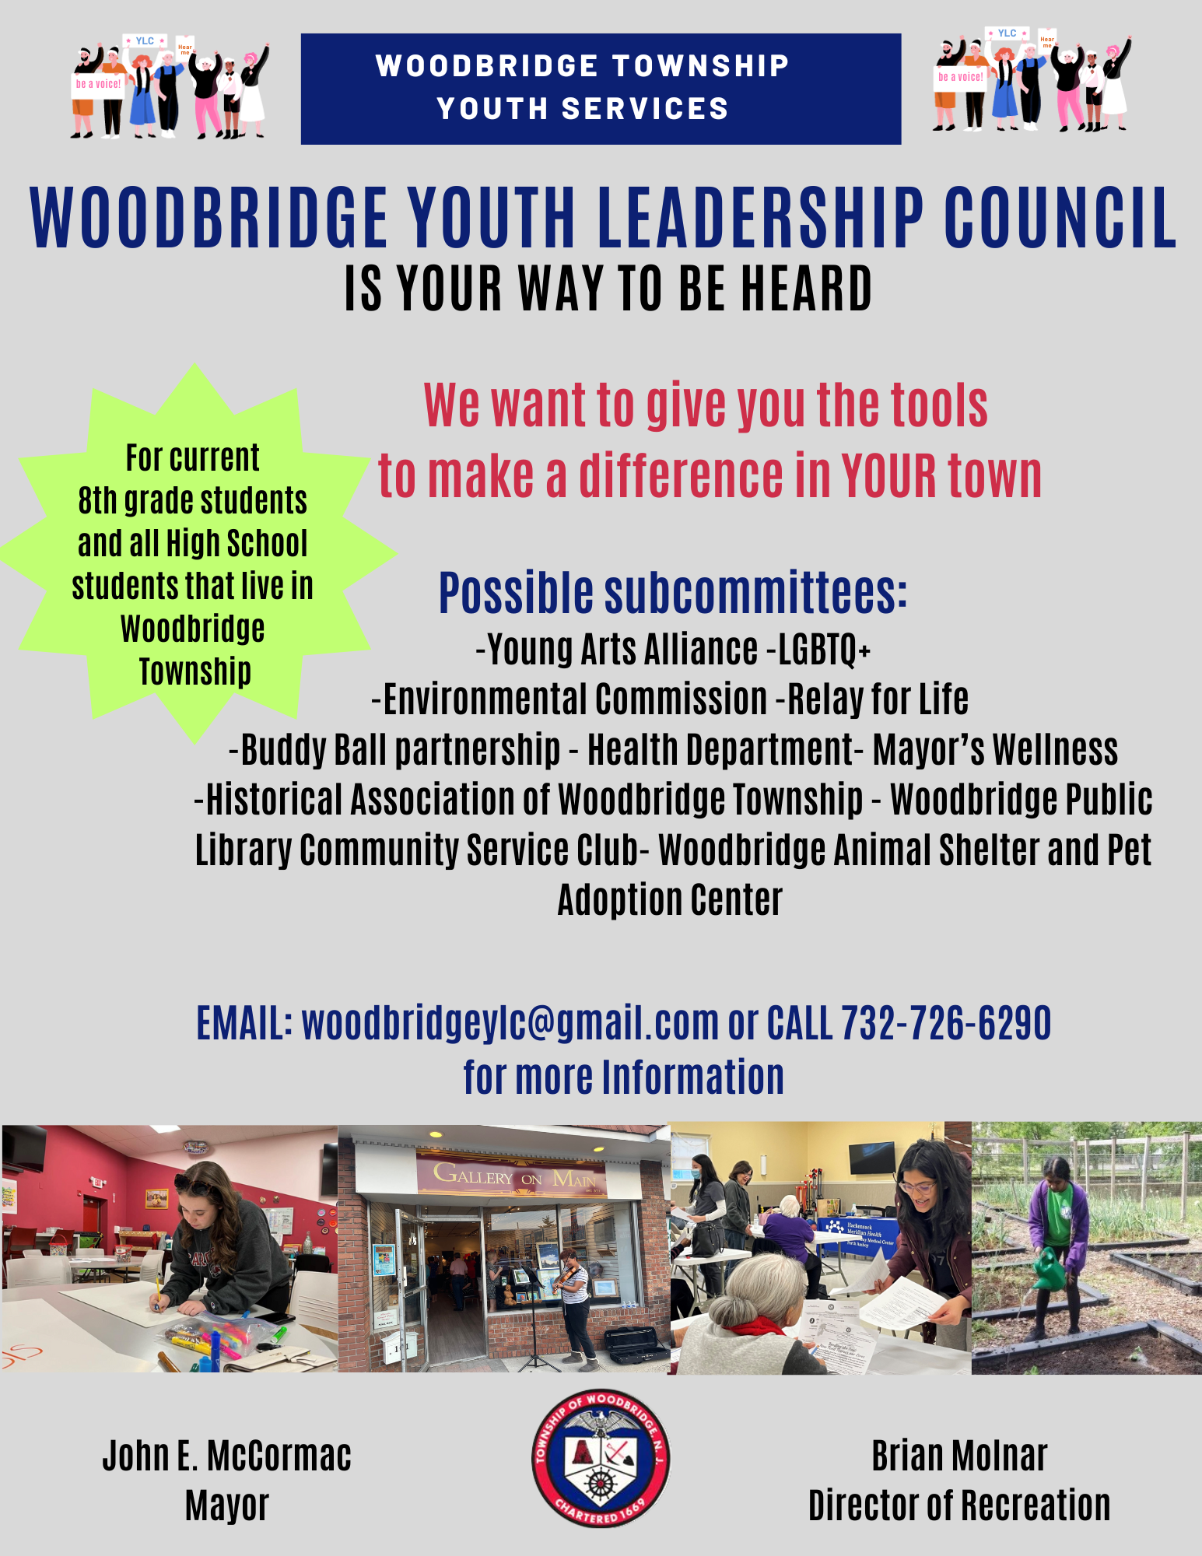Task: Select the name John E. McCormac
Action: tap(226, 1456)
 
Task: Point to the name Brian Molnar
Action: tap(958, 1456)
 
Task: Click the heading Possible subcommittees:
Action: tap(672, 593)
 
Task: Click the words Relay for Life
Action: tap(878, 699)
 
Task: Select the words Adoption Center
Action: tap(670, 900)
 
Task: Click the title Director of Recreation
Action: tap(958, 1505)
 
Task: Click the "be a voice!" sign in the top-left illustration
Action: tap(98, 84)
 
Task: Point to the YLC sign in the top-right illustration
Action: tap(1007, 33)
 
